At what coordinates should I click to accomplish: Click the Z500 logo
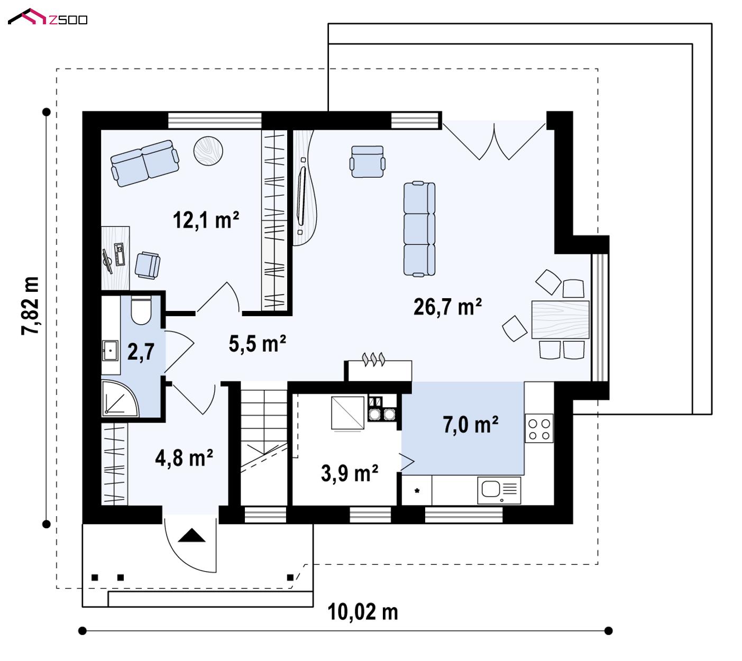48,17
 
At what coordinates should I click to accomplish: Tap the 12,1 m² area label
205,221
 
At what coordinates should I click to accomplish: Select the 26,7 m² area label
447,307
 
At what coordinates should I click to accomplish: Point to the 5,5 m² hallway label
257,344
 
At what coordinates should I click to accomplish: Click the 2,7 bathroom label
141,352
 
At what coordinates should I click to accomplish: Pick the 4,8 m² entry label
184,458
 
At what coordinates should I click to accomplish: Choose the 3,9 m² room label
350,473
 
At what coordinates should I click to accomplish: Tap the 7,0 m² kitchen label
470,425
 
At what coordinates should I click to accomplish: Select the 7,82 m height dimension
30,306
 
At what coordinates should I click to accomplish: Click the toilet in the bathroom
141,310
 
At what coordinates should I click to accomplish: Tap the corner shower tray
120,398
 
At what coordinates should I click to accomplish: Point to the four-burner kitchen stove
539,428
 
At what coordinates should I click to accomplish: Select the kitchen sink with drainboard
499,490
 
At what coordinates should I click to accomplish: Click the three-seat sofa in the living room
419,228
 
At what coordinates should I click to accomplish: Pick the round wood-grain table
208,151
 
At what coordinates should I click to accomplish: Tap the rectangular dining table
560,319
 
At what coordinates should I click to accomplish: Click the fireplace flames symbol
373,359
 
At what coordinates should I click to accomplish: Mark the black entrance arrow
191,535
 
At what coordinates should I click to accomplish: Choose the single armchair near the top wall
368,161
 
